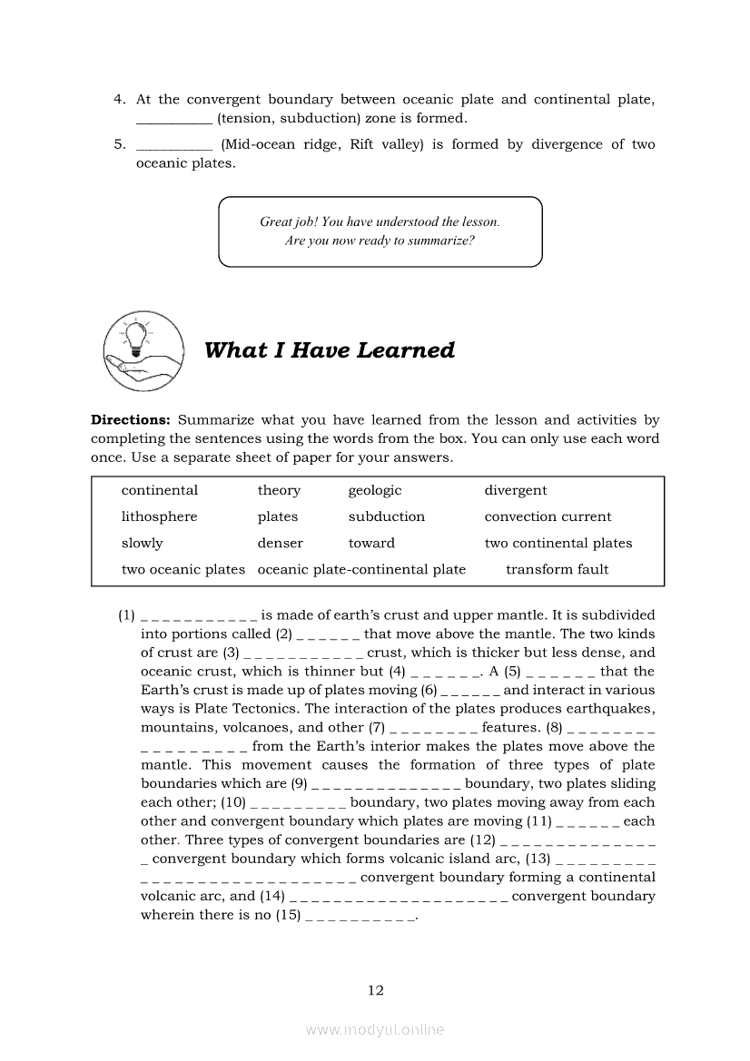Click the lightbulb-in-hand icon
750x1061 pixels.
tap(143, 349)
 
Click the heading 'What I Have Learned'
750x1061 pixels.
tap(330, 350)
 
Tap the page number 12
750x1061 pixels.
tap(376, 990)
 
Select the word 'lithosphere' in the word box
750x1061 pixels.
tap(159, 516)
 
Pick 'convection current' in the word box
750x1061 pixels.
tap(548, 516)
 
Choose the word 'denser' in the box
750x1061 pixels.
tap(280, 543)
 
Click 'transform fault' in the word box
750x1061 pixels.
tap(557, 569)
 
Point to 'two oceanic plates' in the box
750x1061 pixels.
tap(183, 569)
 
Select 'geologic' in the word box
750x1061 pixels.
tap(374, 490)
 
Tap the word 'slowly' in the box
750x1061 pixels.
tap(142, 543)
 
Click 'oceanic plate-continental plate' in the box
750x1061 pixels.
tap(361, 569)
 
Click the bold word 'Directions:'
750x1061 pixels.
tap(131, 420)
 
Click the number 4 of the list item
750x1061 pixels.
tap(118, 100)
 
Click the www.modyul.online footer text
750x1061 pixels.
tap(375, 1029)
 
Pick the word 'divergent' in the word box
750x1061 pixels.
tap(515, 490)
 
